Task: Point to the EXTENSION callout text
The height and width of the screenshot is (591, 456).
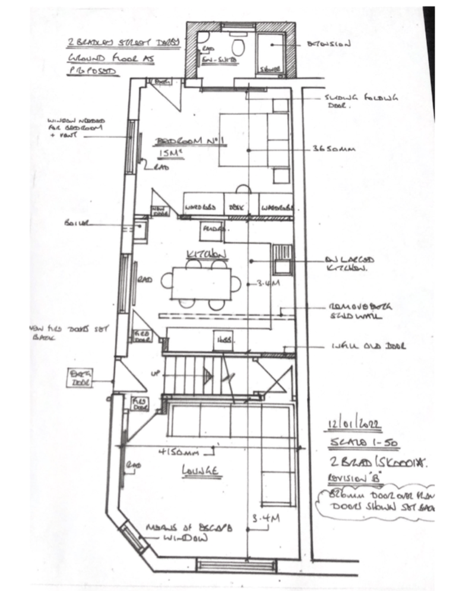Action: (x=329, y=43)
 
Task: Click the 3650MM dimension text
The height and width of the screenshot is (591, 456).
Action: (x=334, y=150)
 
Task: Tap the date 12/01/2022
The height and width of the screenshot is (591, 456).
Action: (x=353, y=425)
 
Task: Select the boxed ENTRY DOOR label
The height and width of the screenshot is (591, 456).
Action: (x=78, y=377)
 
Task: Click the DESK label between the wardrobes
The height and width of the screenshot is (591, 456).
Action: (x=237, y=208)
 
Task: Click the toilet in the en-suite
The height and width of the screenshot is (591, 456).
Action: (x=239, y=48)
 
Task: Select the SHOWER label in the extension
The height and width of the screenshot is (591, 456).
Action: (x=270, y=69)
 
